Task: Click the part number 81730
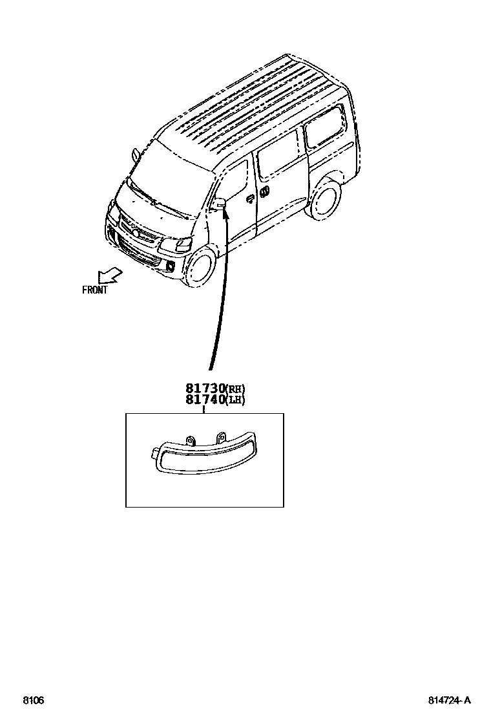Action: point(204,389)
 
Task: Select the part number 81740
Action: point(204,400)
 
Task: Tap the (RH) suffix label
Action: point(235,389)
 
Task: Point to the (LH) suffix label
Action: point(235,400)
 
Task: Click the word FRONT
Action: point(95,290)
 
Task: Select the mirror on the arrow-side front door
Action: point(221,203)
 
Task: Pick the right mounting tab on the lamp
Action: point(221,436)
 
